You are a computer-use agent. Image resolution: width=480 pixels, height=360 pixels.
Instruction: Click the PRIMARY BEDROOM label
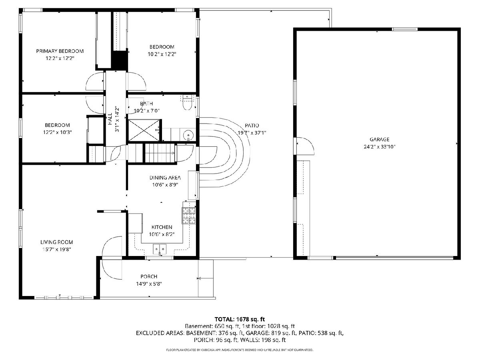60,51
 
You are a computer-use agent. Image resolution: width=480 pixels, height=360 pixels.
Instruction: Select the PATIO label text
252,126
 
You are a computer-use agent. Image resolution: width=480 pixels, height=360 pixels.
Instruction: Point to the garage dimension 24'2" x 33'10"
380,147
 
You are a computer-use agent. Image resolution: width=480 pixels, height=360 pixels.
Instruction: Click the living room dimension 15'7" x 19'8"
57,249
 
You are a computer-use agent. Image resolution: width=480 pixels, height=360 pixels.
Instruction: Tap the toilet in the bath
187,103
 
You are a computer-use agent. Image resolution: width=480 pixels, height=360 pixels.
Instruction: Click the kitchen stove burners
189,215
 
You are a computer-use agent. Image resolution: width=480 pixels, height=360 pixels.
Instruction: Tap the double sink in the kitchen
160,249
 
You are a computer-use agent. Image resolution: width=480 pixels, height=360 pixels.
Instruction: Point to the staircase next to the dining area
160,153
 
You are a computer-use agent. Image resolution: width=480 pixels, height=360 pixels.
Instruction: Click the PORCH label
149,276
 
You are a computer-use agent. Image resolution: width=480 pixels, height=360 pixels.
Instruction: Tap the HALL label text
110,119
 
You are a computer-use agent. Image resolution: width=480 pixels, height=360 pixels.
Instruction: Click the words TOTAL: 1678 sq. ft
240,319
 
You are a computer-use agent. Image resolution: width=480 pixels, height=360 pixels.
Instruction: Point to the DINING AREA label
165,178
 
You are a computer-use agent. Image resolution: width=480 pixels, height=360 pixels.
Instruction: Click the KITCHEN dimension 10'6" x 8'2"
162,234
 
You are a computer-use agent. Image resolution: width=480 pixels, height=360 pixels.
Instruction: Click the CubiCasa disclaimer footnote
240,350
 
